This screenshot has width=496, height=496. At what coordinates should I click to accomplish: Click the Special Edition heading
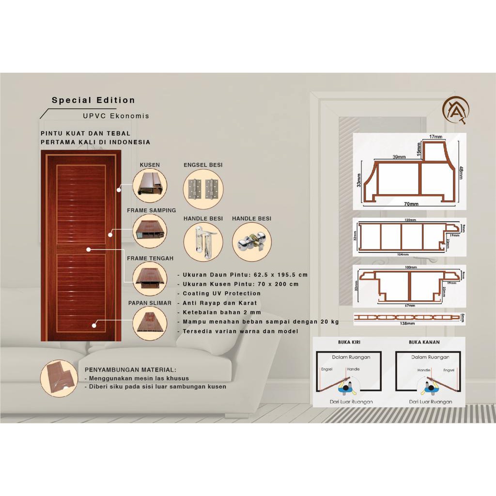[93, 101]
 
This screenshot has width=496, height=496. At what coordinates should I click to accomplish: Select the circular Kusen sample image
[150, 186]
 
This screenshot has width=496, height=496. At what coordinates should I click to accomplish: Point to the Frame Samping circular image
[150, 231]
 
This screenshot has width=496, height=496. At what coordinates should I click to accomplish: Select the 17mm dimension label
[435, 137]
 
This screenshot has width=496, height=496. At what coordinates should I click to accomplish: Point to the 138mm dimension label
[409, 322]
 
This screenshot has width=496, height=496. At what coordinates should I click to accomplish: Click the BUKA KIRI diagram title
[349, 342]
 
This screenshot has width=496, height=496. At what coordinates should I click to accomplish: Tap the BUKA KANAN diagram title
[424, 342]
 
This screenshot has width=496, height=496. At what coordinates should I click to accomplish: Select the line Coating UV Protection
[221, 294]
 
